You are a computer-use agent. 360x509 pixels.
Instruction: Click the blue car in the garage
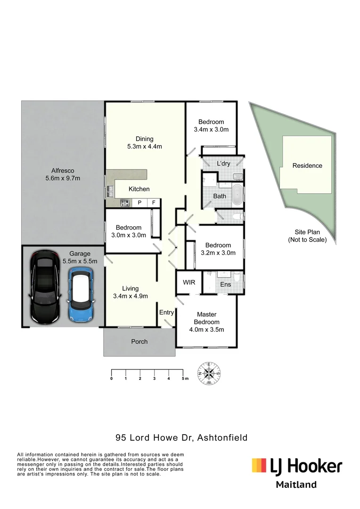coord(81,295)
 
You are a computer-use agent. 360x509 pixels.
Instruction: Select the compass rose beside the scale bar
coord(209,373)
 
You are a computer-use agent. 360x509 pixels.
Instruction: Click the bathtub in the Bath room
coord(237,195)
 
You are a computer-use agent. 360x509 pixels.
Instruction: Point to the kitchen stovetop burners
coord(125,203)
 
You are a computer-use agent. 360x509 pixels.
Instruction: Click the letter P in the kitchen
coord(139,203)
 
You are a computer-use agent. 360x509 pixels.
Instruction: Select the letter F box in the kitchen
coord(154,203)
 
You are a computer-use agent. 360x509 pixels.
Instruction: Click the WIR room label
coord(189,282)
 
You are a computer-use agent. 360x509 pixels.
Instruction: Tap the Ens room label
coord(226,284)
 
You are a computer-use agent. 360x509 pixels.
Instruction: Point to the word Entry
coord(166,312)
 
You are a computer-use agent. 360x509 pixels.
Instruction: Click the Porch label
coord(139,342)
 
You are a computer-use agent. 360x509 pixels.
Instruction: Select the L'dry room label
coord(223,163)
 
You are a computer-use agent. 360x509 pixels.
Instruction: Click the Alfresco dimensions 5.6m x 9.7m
coord(63,178)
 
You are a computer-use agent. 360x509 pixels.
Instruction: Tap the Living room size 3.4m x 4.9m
coord(131,296)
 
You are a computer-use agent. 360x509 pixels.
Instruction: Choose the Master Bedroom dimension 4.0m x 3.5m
coord(207,329)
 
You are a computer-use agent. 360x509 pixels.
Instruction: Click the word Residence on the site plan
coord(307,165)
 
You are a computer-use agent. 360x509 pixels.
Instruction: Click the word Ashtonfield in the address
coord(222,437)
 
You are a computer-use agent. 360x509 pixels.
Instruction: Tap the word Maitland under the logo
coord(296,484)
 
